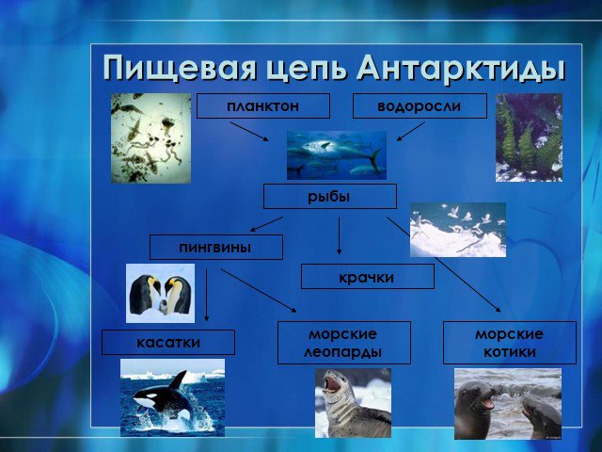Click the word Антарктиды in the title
click(460, 69)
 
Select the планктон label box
click(263, 105)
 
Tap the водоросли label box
click(420, 105)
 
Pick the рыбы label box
click(330, 197)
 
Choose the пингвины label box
click(216, 247)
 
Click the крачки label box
click(368, 276)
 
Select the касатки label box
click(168, 342)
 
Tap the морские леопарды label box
click(344, 343)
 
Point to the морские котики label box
click(510, 343)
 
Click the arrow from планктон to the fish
click(249, 132)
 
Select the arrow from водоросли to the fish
click(411, 132)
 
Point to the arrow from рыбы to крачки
click(339, 235)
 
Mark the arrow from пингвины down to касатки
click(207, 295)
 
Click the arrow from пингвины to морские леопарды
click(259, 290)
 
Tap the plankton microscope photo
click(150, 138)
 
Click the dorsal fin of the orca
click(179, 379)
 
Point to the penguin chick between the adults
click(164, 307)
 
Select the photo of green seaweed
click(529, 137)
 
